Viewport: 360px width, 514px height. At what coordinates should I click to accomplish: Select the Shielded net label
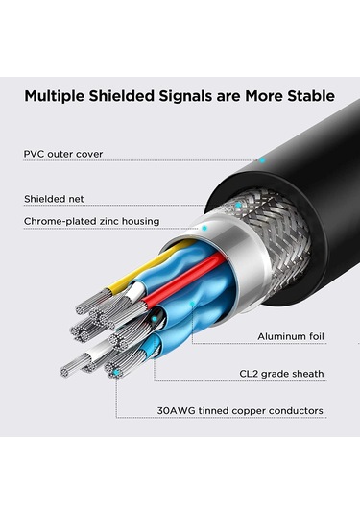56,199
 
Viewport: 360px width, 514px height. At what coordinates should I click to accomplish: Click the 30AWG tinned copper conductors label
240,411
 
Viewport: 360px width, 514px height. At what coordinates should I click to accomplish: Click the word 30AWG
180,411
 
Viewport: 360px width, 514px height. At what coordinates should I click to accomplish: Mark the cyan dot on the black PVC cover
261,160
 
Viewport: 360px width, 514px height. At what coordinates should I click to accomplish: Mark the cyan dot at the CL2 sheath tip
116,370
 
